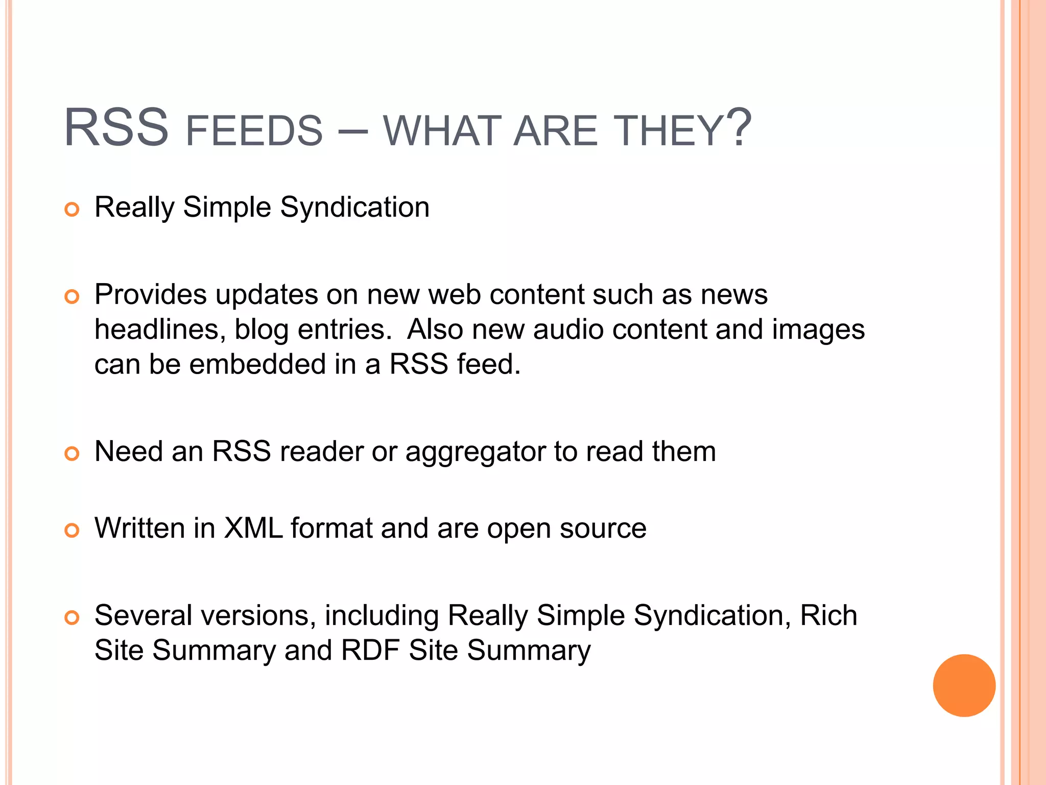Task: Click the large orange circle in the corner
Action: (964, 685)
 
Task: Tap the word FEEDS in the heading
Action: (254, 131)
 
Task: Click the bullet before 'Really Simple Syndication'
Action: (72, 210)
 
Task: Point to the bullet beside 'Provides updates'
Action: (72, 297)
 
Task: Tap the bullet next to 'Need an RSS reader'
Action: (72, 454)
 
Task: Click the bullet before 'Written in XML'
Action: (72, 530)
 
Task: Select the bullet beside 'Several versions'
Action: (72, 618)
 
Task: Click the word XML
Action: (253, 528)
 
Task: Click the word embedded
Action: (258, 364)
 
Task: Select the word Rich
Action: (828, 615)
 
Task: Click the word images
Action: (818, 330)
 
